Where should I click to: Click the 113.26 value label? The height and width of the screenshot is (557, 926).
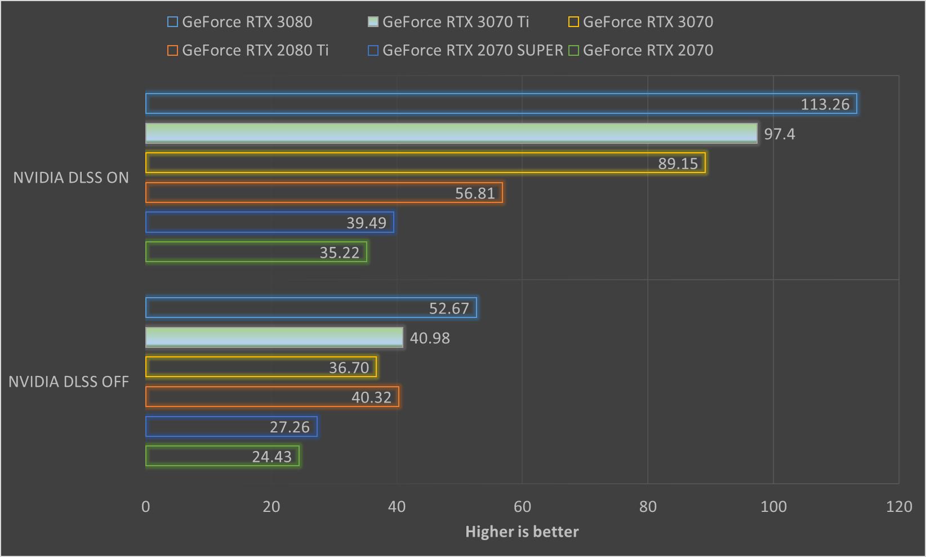(825, 104)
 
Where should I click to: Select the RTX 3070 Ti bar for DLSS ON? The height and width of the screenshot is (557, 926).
(451, 134)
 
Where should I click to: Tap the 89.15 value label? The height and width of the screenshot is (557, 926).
(678, 163)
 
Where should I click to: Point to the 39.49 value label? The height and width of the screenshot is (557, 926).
(366, 223)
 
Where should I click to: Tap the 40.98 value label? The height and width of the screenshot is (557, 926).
(430, 338)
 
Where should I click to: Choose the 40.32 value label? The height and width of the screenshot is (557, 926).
(371, 397)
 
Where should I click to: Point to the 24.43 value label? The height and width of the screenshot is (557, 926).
(271, 457)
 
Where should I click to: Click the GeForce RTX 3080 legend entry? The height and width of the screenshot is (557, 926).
(240, 22)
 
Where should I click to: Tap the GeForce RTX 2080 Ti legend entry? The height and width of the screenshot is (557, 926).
(248, 50)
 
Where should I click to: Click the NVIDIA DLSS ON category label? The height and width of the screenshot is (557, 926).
(71, 178)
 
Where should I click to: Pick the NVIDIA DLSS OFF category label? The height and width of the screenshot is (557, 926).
(69, 382)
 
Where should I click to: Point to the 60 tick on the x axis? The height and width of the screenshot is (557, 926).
(522, 506)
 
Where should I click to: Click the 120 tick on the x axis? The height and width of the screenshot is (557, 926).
(899, 506)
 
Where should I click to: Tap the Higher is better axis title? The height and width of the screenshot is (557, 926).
(522, 532)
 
